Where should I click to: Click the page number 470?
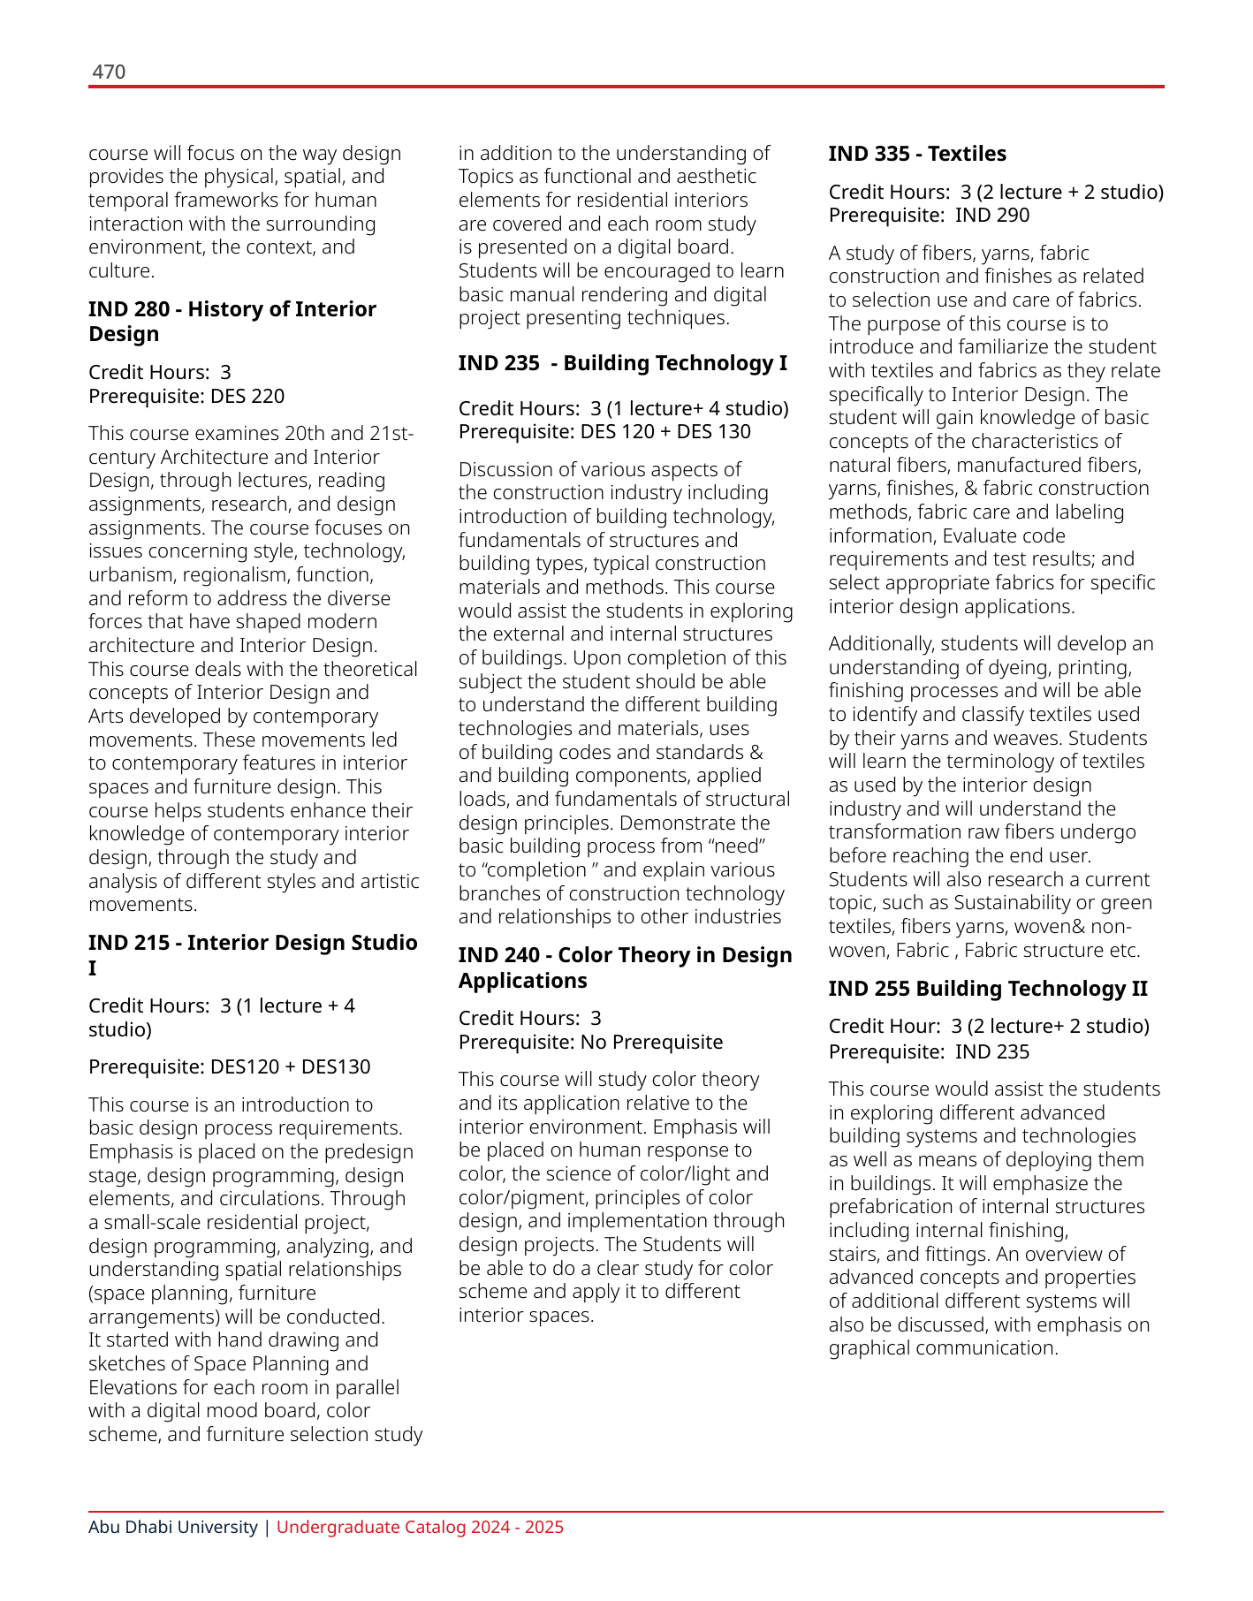109,72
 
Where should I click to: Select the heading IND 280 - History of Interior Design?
232,321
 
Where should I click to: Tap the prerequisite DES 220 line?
186,396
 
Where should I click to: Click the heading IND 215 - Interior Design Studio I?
253,954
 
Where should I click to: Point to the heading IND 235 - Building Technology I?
622,363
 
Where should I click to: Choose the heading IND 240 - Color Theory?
625,967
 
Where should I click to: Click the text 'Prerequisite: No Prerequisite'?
590,1042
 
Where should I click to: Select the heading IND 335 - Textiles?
917,154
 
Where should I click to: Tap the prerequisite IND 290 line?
929,215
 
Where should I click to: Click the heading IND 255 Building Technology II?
988,989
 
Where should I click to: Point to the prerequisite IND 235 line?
929,1051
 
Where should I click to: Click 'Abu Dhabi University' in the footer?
173,1527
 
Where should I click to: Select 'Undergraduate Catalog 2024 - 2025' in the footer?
420,1527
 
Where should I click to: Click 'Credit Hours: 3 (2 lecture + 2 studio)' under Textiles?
996,192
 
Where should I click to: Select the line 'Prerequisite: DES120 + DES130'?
229,1066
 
